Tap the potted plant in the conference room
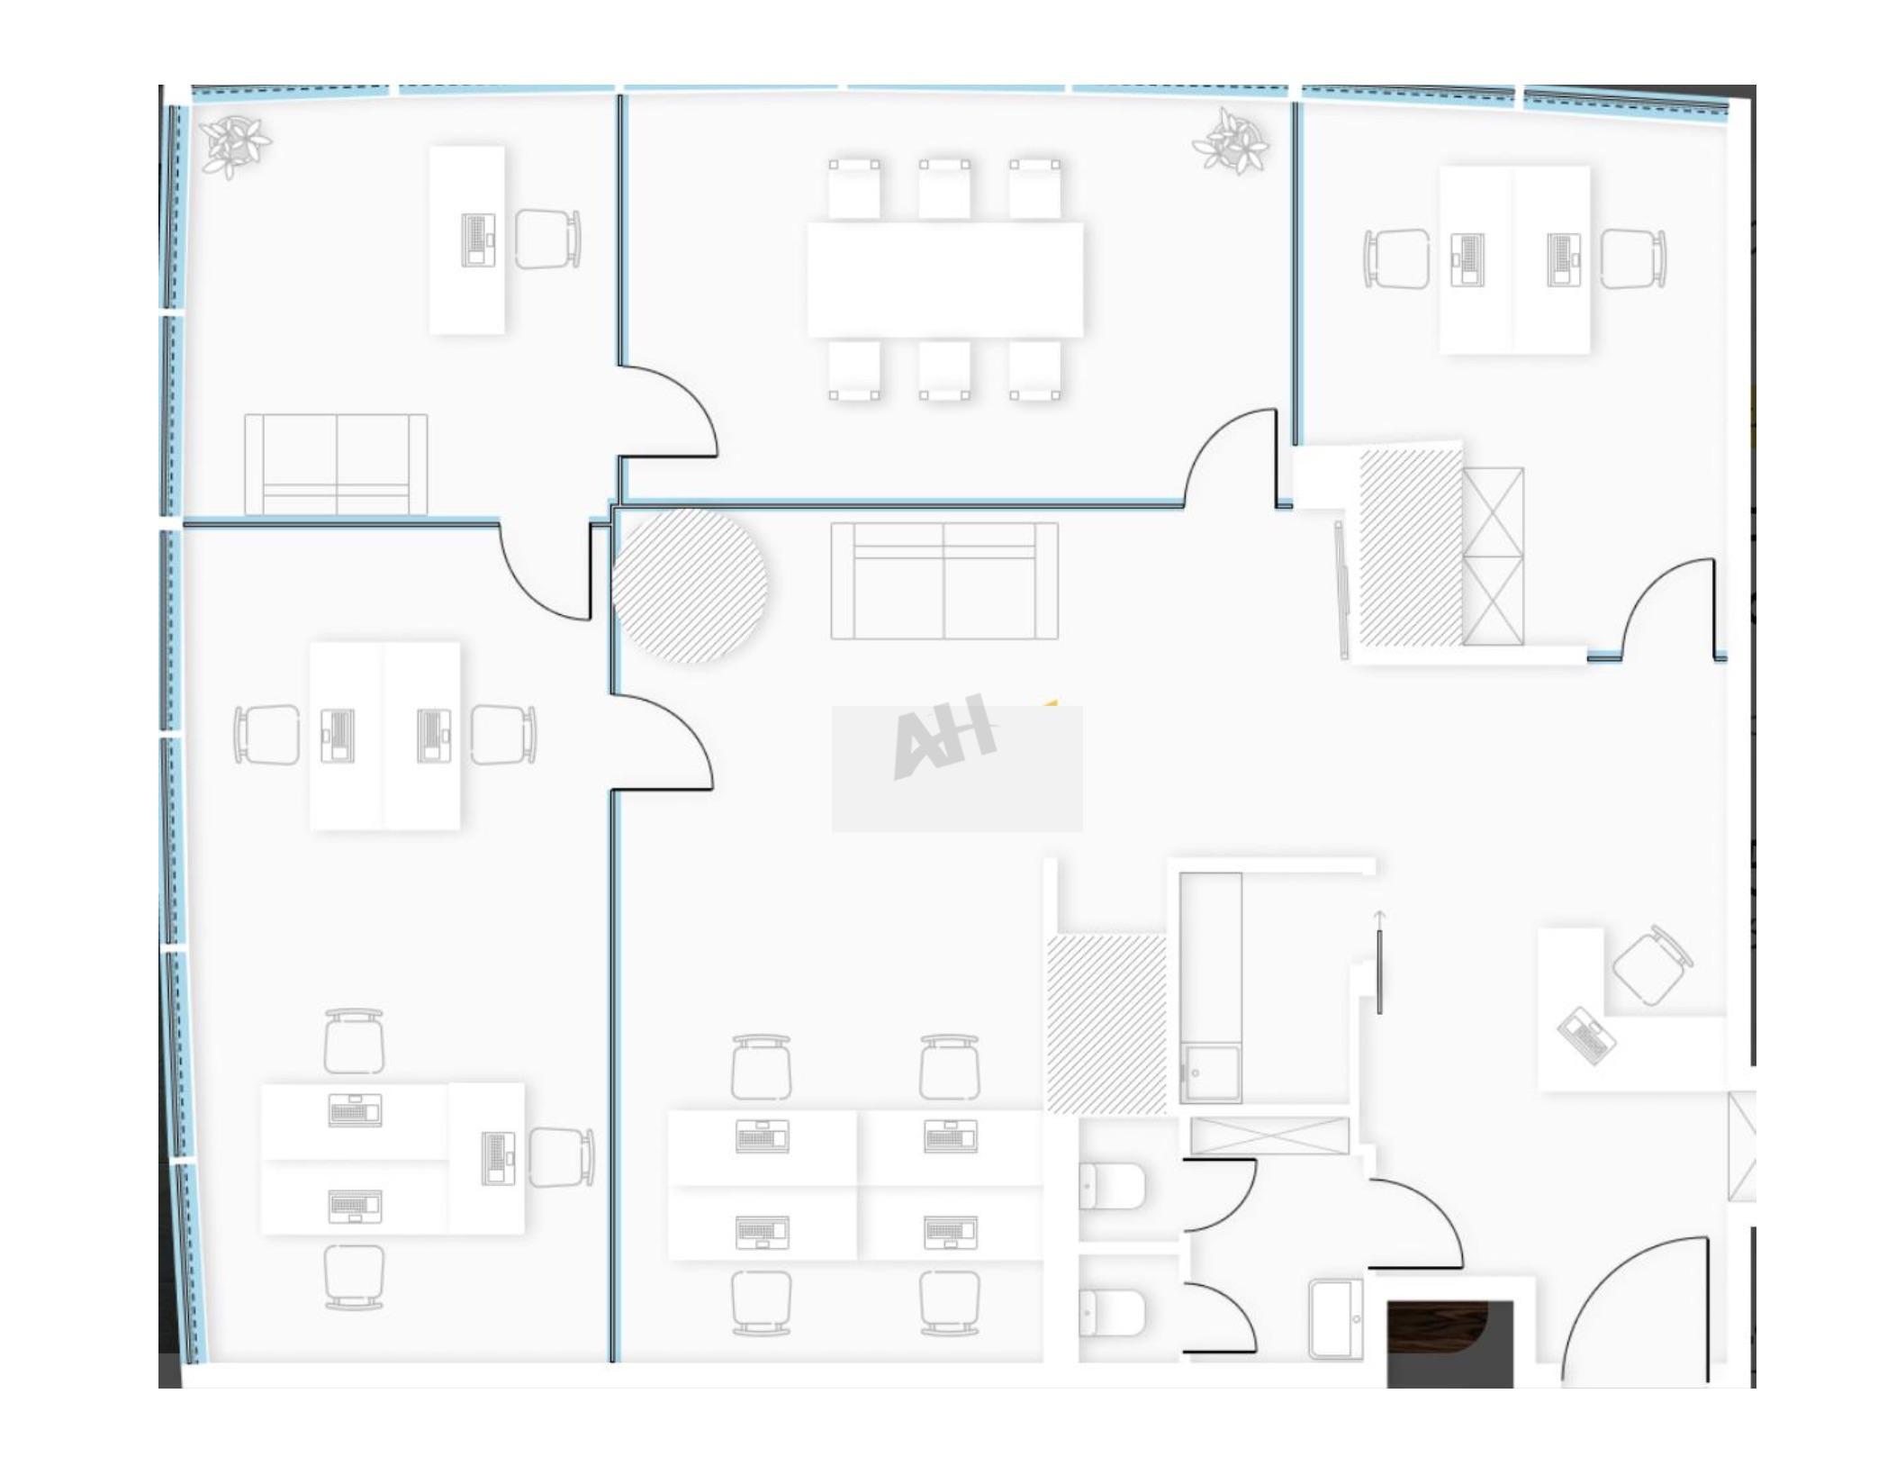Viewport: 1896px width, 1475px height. pyautogui.click(x=1232, y=140)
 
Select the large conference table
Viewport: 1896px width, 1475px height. pyautogui.click(x=944, y=280)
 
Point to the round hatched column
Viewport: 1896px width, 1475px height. pyautogui.click(x=690, y=585)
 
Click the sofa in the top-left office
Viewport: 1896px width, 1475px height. pyautogui.click(x=336, y=464)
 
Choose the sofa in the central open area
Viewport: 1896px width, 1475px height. pyautogui.click(x=944, y=581)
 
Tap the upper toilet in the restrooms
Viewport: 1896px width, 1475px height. pyautogui.click(x=1112, y=1187)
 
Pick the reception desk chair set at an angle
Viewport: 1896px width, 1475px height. pyautogui.click(x=1651, y=964)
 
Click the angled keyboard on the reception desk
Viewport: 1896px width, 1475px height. pyautogui.click(x=1586, y=1036)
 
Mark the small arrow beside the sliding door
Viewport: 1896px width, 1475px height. pyautogui.click(x=1379, y=918)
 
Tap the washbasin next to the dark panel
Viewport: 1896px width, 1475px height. pyautogui.click(x=1336, y=1318)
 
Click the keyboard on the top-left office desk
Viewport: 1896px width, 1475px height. pyautogui.click(x=478, y=240)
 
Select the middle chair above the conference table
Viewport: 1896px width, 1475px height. pyautogui.click(x=944, y=189)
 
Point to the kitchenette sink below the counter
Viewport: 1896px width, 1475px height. pyautogui.click(x=1211, y=1073)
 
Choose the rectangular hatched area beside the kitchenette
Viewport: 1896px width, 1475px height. pyautogui.click(x=1106, y=1025)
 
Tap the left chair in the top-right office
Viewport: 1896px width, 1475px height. pyautogui.click(x=1396, y=258)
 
